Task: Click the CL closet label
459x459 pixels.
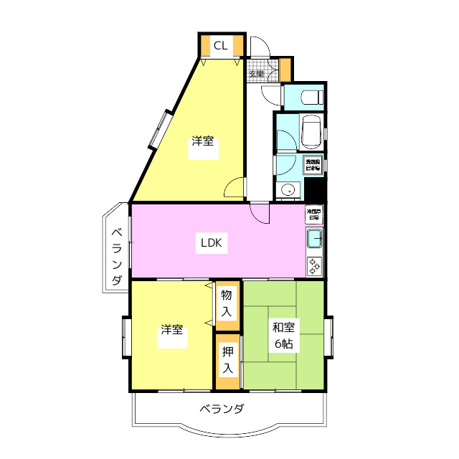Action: point(221,47)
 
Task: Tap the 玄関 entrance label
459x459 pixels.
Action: point(255,74)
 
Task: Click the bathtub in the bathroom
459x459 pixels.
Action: point(311,132)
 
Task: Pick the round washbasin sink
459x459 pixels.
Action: point(288,190)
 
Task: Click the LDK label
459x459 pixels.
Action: point(212,243)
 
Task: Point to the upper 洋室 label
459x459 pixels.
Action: point(202,141)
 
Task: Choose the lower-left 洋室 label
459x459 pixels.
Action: point(171,331)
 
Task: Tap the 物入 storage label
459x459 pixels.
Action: point(226,303)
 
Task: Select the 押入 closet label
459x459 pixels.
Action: point(227,360)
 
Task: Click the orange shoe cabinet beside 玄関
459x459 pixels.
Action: point(285,69)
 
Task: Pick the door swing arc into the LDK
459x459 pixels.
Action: point(260,213)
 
